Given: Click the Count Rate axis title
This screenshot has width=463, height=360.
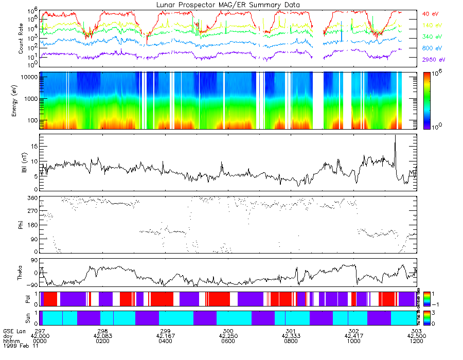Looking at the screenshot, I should pyautogui.click(x=21, y=39).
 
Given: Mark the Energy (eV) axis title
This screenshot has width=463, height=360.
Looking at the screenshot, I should pyautogui.click(x=21, y=100).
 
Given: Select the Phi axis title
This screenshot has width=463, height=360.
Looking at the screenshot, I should pyautogui.click(x=21, y=224).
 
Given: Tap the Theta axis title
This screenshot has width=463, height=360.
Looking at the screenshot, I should pyautogui.click(x=21, y=273).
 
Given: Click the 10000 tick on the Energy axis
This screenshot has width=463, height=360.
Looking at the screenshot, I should pyautogui.click(x=29, y=77).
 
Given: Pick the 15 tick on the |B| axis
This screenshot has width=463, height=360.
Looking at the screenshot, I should pyautogui.click(x=34, y=146).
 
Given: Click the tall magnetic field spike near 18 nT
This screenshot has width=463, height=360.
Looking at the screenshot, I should pyautogui.click(x=395, y=136).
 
